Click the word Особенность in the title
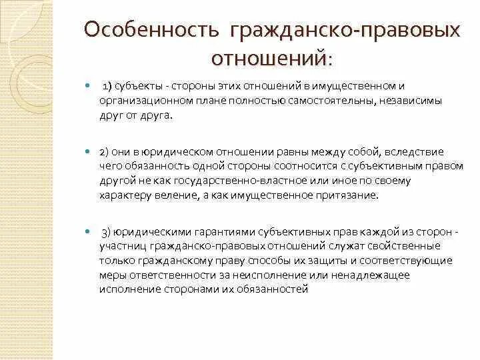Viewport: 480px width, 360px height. [x=153, y=31]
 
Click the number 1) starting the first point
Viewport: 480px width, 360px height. [x=107, y=87]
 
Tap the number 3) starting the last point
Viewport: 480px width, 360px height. [x=107, y=232]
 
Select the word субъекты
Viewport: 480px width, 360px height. [x=137, y=87]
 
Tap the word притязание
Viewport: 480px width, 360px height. [x=343, y=195]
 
